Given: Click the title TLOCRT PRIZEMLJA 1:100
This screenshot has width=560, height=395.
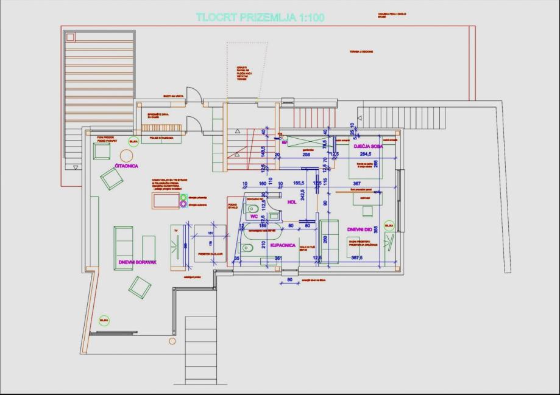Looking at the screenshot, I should click(x=260, y=18).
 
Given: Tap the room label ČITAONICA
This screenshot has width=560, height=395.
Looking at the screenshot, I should click(x=126, y=166).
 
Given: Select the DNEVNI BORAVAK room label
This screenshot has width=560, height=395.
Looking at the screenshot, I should click(x=138, y=262).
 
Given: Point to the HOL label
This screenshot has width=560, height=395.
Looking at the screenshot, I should click(x=291, y=202).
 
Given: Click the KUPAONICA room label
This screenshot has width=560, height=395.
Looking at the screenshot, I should click(x=283, y=245).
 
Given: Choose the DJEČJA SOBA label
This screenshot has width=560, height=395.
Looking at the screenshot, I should click(x=367, y=146).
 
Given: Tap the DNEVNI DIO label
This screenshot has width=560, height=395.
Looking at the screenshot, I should click(x=360, y=229).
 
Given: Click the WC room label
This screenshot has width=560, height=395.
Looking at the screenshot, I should click(x=254, y=216).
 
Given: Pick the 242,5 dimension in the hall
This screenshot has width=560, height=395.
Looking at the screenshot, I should click(x=302, y=199).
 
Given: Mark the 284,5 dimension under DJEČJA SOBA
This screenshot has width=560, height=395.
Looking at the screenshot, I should click(x=366, y=155).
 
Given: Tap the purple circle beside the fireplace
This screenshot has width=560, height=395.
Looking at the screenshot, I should click(x=183, y=205).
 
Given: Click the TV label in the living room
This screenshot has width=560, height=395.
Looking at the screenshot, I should click(x=176, y=231).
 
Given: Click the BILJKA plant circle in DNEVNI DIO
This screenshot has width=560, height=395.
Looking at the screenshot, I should click(x=389, y=226).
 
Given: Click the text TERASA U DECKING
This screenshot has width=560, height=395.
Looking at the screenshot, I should click(x=361, y=52).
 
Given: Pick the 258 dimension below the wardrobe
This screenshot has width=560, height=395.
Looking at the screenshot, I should click(x=307, y=155).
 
